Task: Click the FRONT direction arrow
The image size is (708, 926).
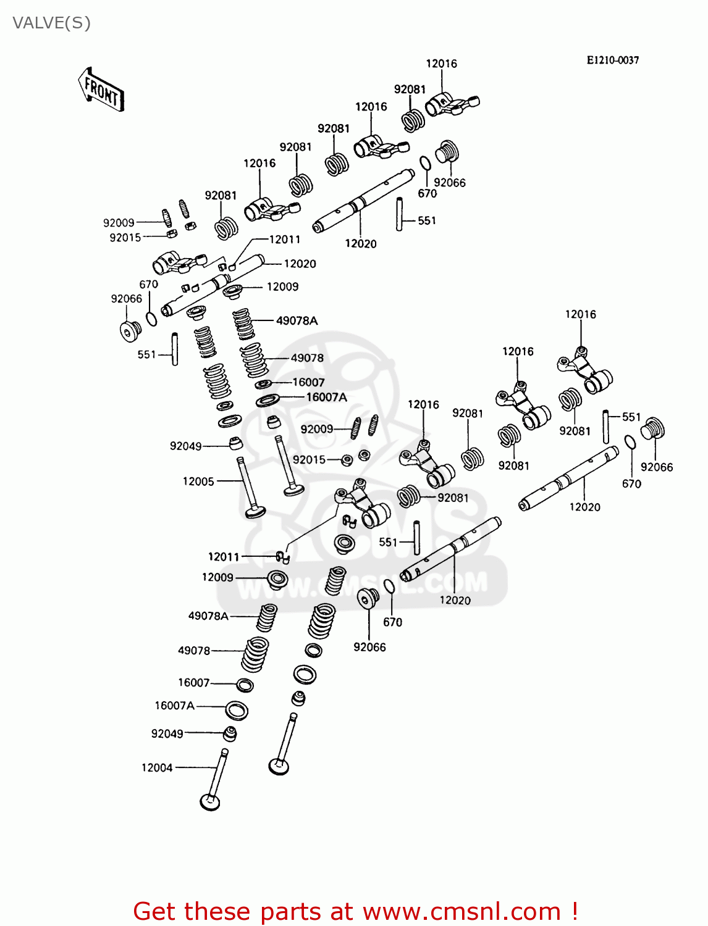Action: pyautogui.click(x=101, y=90)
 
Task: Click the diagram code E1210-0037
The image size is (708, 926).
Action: pyautogui.click(x=612, y=60)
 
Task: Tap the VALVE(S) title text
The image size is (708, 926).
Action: pyautogui.click(x=51, y=23)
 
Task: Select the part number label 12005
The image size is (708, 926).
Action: pyautogui.click(x=198, y=482)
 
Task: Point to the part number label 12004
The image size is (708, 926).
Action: pyautogui.click(x=157, y=768)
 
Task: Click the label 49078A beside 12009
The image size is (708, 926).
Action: pyautogui.click(x=297, y=320)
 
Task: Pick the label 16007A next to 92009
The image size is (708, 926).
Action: pyautogui.click(x=326, y=397)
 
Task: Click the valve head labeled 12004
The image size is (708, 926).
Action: pyautogui.click(x=210, y=801)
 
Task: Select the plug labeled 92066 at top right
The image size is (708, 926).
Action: pyautogui.click(x=447, y=152)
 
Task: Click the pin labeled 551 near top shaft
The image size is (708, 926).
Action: pyautogui.click(x=400, y=214)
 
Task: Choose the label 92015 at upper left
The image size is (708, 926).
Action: pyautogui.click(x=125, y=237)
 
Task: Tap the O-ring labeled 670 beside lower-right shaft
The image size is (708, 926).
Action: pyautogui.click(x=630, y=443)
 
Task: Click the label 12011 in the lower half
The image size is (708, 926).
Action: pyautogui.click(x=223, y=557)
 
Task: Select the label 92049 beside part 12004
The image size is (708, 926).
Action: pyautogui.click(x=167, y=733)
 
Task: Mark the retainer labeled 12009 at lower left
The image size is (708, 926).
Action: pyautogui.click(x=277, y=579)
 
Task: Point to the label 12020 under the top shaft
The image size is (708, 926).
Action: pyautogui.click(x=360, y=244)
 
